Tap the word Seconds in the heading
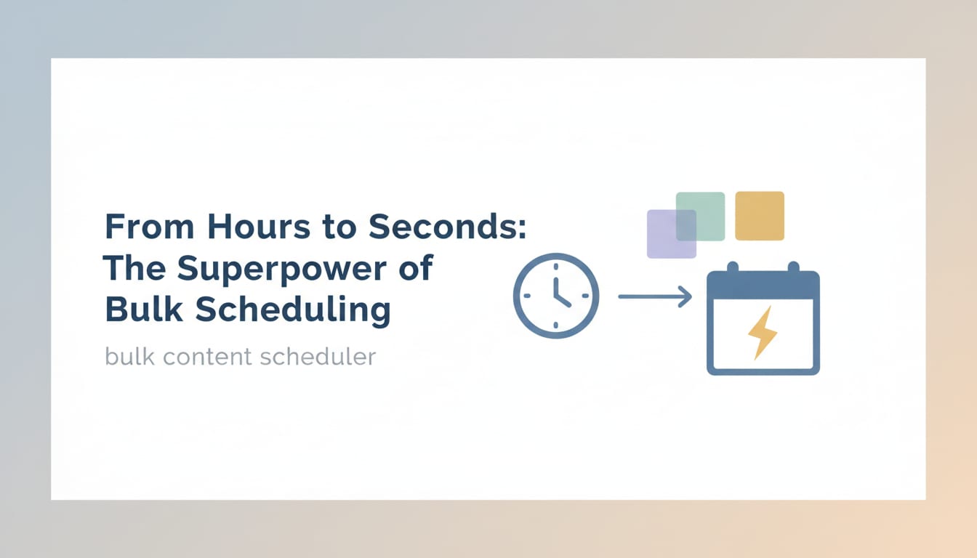(x=446, y=227)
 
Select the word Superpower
(x=283, y=270)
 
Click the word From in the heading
(x=150, y=227)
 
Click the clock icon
(x=555, y=296)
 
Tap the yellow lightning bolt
(x=762, y=332)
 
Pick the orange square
(x=760, y=216)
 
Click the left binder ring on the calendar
(x=733, y=267)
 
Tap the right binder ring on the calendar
(x=793, y=267)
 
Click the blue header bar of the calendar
(x=763, y=286)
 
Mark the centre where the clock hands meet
(x=555, y=296)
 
